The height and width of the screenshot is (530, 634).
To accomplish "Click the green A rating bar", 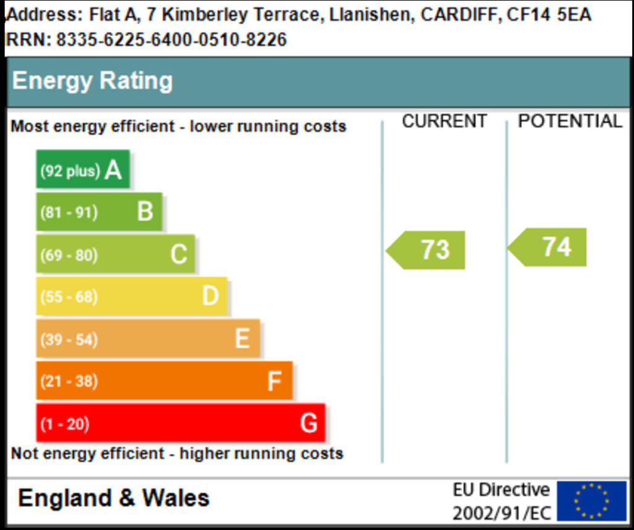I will [83, 169].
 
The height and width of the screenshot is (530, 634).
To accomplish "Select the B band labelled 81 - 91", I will [99, 212].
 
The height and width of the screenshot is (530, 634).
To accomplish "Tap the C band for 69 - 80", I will [115, 254].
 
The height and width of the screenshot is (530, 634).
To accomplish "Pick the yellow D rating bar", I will [131, 296].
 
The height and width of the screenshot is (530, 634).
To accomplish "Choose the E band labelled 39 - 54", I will [148, 339].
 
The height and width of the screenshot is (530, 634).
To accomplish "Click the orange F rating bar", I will [164, 381].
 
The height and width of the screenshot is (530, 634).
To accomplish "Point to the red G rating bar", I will [180, 423].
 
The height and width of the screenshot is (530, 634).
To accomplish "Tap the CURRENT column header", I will [444, 121].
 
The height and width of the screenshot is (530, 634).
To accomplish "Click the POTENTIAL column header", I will [570, 121].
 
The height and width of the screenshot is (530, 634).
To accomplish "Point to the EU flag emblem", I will [591, 501].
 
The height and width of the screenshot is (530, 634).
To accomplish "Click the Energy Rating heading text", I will [92, 81].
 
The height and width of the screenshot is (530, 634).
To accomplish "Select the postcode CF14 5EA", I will [549, 15].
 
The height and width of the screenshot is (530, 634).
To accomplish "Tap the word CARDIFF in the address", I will [460, 15].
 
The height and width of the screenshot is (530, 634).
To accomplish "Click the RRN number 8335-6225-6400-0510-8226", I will [172, 40].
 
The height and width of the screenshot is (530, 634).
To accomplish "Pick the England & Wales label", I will [114, 498].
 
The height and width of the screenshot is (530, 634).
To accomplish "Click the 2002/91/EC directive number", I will [501, 513].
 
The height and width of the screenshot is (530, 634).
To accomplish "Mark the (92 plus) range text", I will [70, 171].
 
